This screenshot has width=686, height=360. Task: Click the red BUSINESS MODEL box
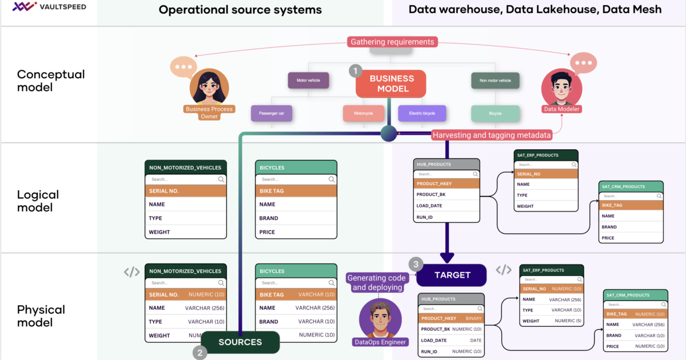point(391,84)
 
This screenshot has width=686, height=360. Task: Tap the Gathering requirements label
point(392,42)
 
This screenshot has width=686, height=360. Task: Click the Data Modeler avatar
point(561,87)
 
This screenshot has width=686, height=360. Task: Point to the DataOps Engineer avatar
point(380,319)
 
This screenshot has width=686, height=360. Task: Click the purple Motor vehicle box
point(308,81)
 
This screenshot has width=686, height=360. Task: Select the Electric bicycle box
point(422,113)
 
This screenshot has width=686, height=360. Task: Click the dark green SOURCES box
point(240,342)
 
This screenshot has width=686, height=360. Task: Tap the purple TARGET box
point(452,275)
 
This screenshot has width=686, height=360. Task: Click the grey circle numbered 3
point(416,264)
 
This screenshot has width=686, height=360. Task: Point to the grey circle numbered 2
point(200,353)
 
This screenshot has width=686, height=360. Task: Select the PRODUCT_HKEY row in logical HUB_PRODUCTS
point(446,183)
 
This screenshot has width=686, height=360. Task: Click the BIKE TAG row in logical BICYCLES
point(296,191)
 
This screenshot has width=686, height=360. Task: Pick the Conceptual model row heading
point(51,81)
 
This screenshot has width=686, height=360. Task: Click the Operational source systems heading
point(240,10)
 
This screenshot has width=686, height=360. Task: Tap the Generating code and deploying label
point(376,282)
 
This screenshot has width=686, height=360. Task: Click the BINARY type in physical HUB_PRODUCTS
point(473,318)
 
